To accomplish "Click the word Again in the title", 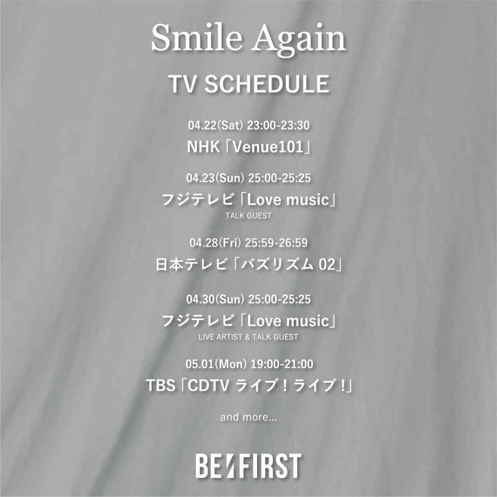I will [299, 39].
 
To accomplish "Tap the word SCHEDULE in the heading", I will [267, 84].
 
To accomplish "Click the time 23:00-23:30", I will [278, 125].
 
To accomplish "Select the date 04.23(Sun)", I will [215, 178].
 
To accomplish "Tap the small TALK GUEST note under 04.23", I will [248, 216].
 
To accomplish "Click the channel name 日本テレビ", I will [191, 265].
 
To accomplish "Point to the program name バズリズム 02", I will [288, 265].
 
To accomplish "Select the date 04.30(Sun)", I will [215, 299].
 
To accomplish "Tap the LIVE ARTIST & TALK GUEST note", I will [248, 337].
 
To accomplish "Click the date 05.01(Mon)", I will [216, 364].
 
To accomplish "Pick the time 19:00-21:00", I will [282, 364].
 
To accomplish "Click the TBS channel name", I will [160, 386].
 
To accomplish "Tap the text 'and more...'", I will [248, 417].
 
